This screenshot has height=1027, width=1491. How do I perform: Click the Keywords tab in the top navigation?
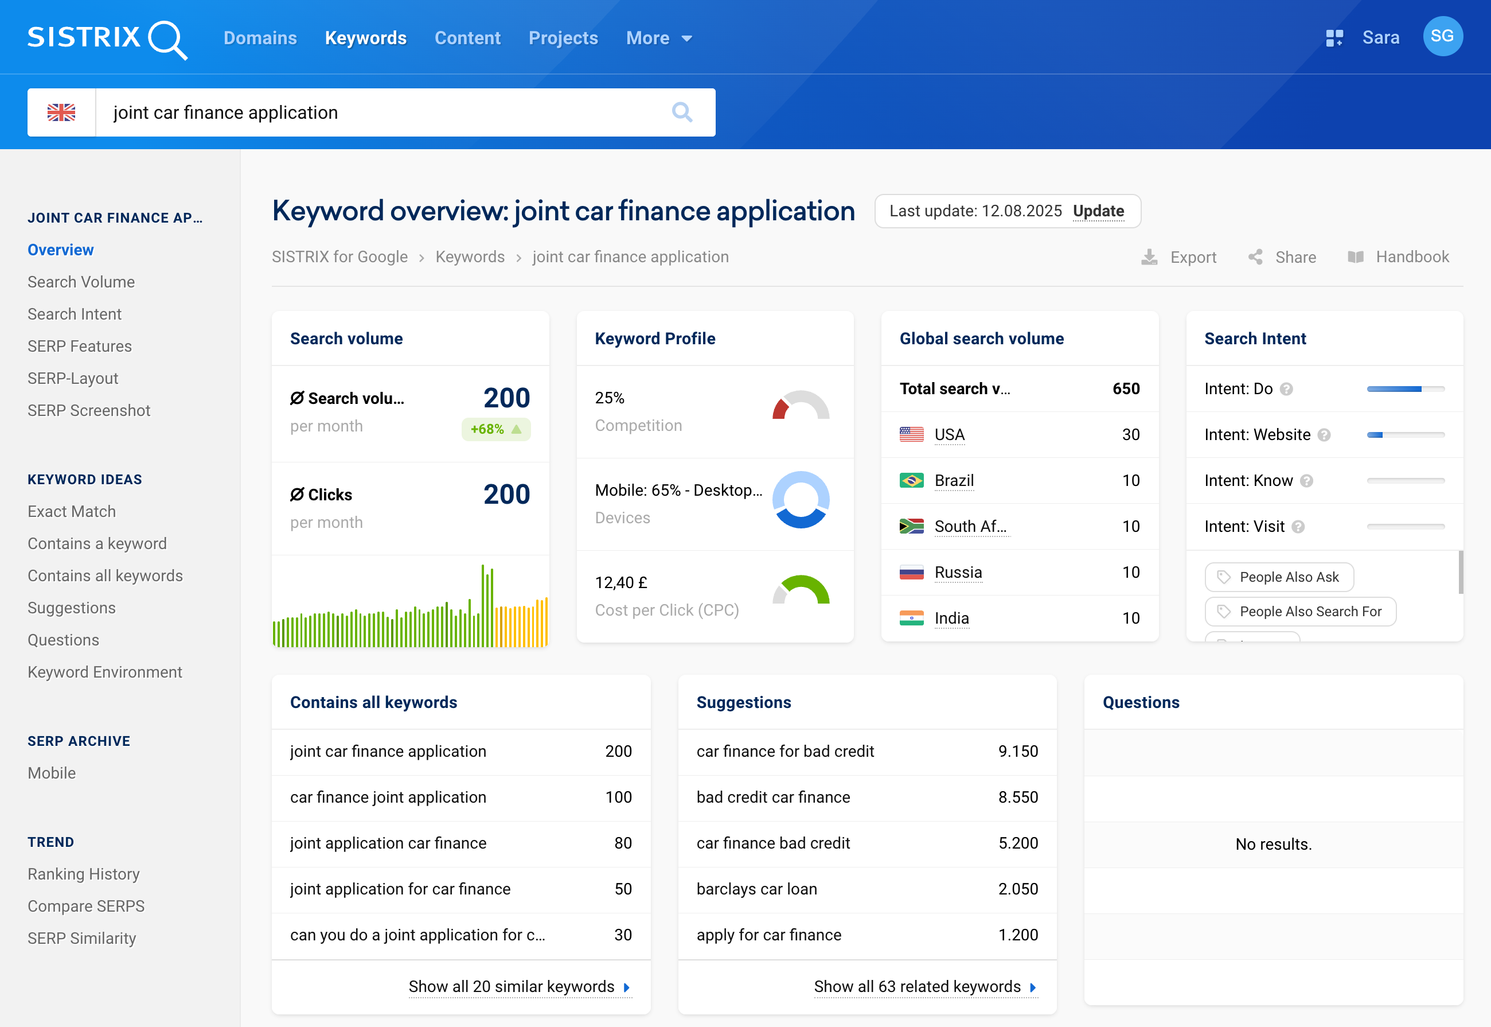pos(365,38)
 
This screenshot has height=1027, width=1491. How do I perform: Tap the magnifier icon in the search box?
pos(682,112)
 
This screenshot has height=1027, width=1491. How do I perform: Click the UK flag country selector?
pos(62,112)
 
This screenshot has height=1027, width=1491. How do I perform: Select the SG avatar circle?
pos(1442,37)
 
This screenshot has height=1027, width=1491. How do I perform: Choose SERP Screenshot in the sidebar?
pos(89,411)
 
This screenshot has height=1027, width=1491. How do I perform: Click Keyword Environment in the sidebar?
pos(105,672)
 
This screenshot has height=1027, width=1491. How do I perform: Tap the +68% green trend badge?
pos(496,429)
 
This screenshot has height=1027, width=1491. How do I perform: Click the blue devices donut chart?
pos(800,500)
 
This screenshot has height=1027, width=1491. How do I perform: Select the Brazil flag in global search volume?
pos(911,481)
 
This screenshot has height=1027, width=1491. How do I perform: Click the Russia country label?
pos(958,572)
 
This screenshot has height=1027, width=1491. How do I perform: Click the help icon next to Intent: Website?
pos(1324,435)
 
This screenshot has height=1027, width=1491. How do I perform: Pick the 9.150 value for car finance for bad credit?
pos(1017,751)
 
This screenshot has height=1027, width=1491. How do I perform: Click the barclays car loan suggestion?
pos(756,889)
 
